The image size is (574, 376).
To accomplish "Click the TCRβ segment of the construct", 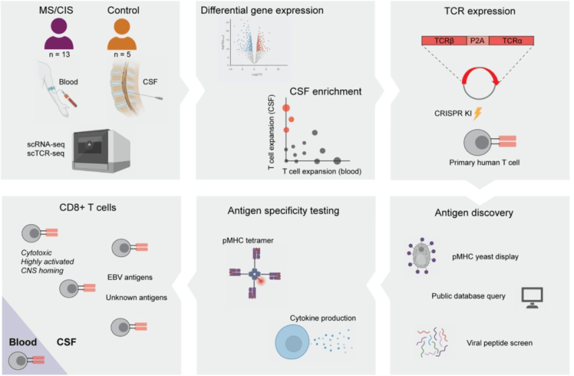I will pyautogui.click(x=444, y=41).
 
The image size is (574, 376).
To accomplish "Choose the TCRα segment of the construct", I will pyautogui.click(x=511, y=41).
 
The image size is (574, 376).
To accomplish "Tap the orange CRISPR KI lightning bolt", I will pyautogui.click(x=477, y=115).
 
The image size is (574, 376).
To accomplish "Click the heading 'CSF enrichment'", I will pyautogui.click(x=325, y=92).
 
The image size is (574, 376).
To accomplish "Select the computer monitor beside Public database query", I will pyautogui.click(x=533, y=295).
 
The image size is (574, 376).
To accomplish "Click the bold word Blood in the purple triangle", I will pyautogui.click(x=23, y=342).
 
